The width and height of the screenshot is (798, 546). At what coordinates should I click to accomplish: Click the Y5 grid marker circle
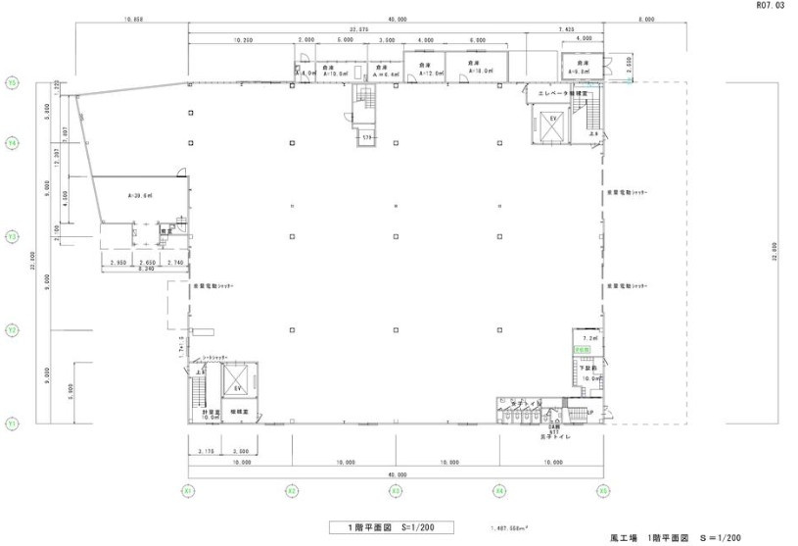[13, 83]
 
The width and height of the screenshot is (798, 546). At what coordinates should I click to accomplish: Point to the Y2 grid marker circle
[13, 330]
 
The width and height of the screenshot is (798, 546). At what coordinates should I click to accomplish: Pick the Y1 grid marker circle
[13, 424]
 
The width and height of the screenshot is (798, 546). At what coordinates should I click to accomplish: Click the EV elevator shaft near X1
[237, 383]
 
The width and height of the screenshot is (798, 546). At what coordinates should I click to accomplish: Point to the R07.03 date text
[771, 6]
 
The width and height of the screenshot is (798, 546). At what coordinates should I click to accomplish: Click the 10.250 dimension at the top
[242, 40]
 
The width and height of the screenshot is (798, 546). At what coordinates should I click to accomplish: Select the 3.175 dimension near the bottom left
[205, 451]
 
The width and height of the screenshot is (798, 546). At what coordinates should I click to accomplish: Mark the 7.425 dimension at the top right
[566, 29]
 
